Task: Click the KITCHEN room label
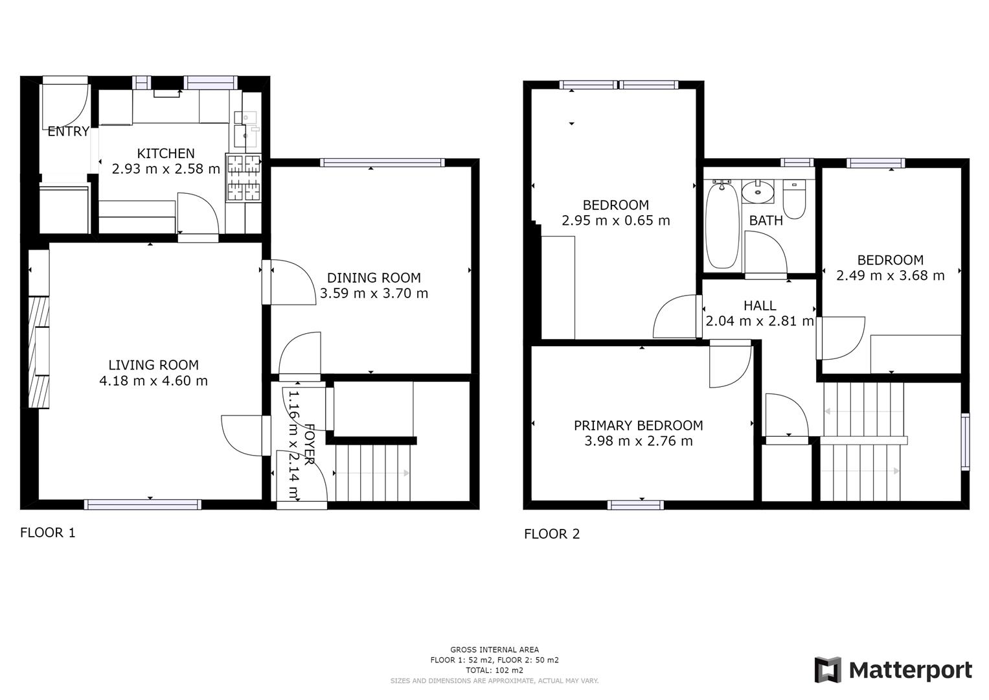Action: (166, 154)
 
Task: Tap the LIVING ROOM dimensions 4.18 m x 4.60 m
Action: (153, 381)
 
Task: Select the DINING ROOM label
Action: (374, 277)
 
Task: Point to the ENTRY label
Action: (68, 132)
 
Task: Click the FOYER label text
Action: (310, 444)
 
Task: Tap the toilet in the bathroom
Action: (794, 200)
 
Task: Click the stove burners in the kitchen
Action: (244, 177)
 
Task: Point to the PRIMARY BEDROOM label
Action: (638, 426)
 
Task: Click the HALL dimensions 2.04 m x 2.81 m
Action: (759, 321)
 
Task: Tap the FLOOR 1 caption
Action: (48, 533)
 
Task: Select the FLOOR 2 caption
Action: (552, 534)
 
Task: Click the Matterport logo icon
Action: (828, 670)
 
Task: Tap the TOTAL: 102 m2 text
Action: (494, 670)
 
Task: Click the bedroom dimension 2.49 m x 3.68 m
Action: (890, 275)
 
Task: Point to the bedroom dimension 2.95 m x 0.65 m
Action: (615, 220)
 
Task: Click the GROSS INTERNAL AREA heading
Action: (494, 649)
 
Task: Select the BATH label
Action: (766, 220)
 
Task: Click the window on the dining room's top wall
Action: (382, 163)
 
